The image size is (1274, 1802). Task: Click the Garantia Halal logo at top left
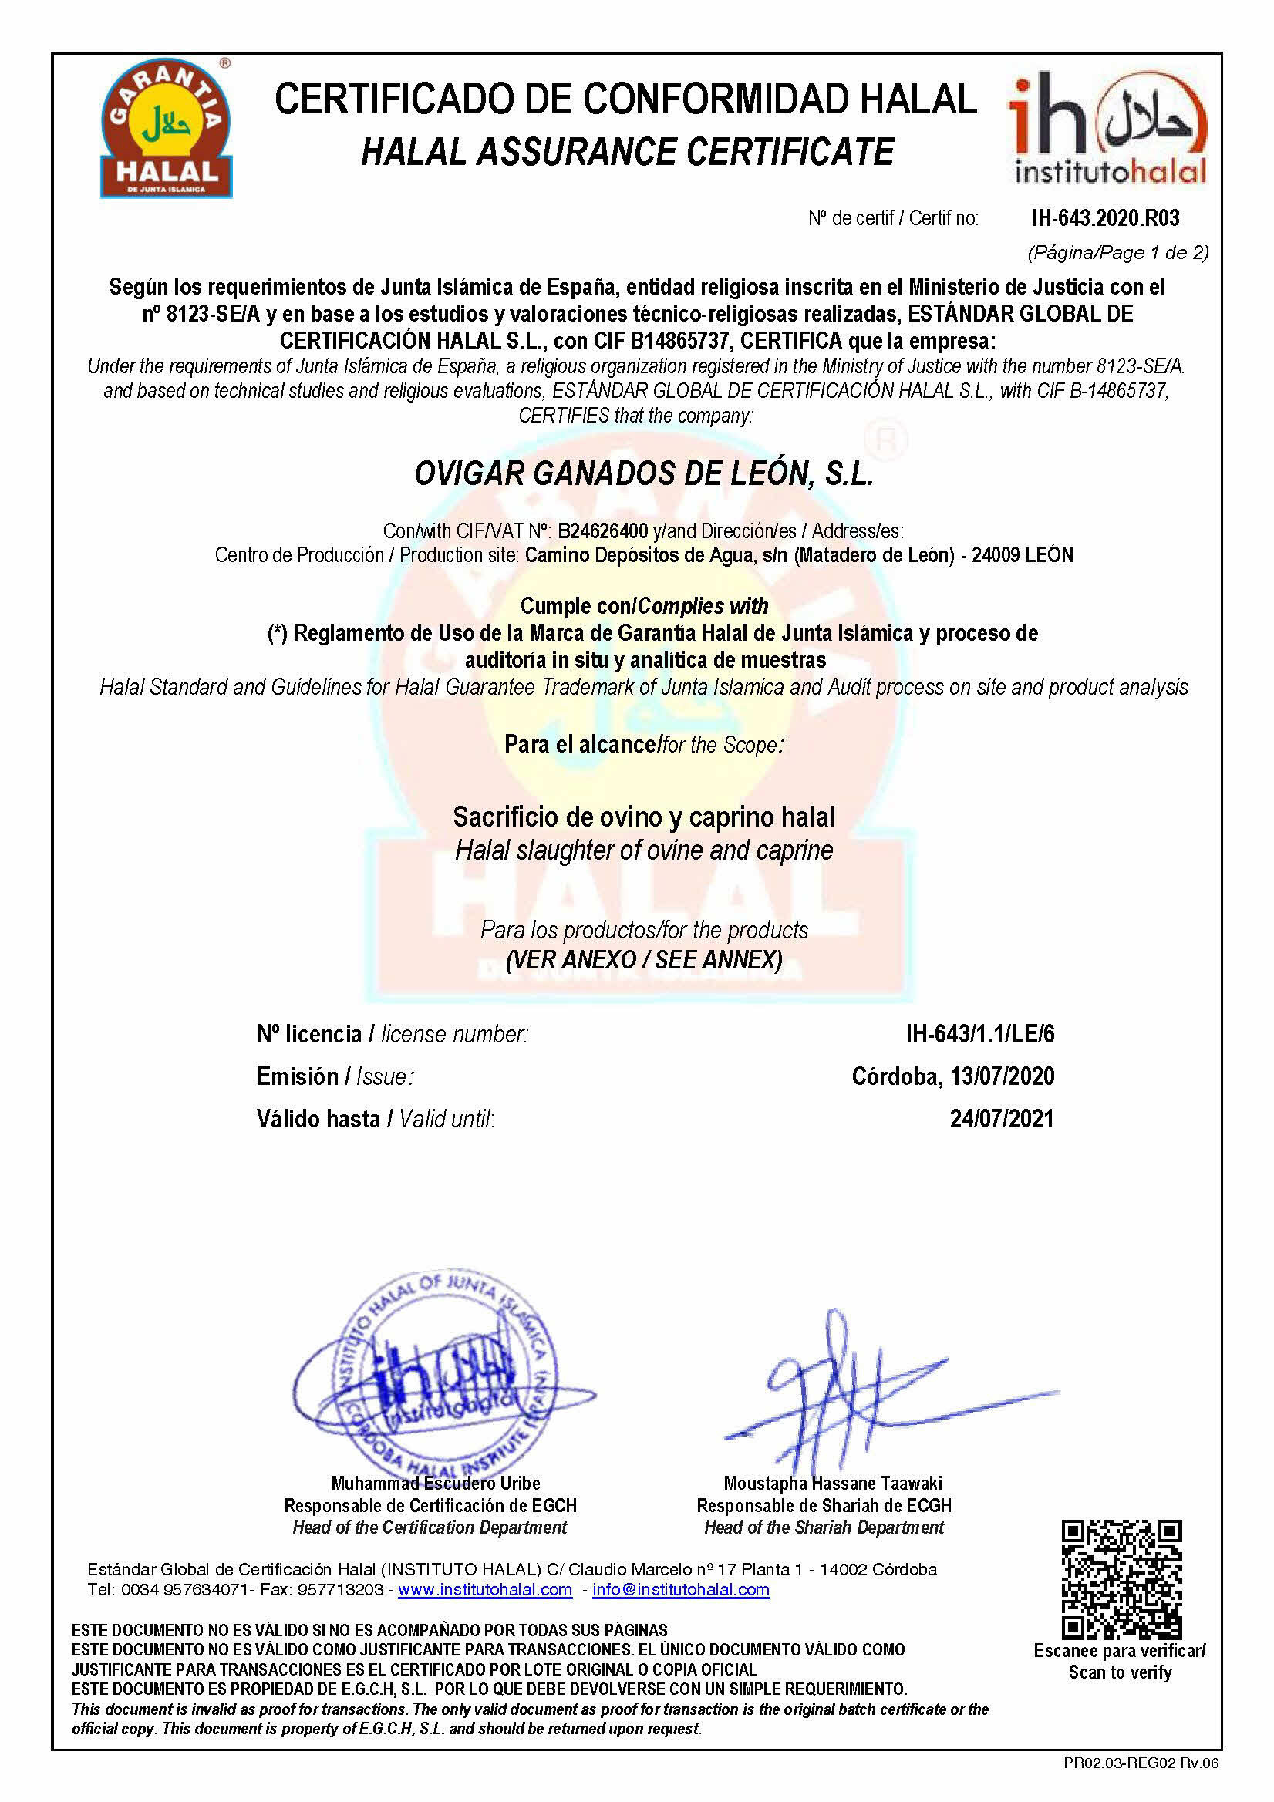click(x=166, y=129)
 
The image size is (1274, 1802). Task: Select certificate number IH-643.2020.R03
click(x=1104, y=218)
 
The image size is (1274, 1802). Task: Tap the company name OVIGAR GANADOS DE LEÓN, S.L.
click(x=644, y=474)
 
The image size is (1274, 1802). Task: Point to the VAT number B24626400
click(x=602, y=531)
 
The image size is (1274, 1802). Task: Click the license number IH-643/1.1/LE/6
click(x=979, y=1035)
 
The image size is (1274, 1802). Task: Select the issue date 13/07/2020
click(x=1002, y=1076)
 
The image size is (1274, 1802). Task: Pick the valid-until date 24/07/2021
click(x=1002, y=1118)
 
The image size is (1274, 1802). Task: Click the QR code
click(x=1121, y=1579)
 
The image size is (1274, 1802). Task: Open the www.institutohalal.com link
click(x=485, y=1590)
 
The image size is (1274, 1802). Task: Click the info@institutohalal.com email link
click(x=680, y=1590)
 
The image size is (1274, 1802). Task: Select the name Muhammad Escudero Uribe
click(x=436, y=1484)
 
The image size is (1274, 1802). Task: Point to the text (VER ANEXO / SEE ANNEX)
click(x=644, y=960)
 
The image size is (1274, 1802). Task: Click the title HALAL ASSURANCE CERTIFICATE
click(x=627, y=152)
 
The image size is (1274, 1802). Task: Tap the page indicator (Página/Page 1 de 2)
click(x=1117, y=253)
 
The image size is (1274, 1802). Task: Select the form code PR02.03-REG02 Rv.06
click(x=1141, y=1763)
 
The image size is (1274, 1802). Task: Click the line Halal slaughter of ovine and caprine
click(x=644, y=850)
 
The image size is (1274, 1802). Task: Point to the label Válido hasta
click(x=318, y=1118)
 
